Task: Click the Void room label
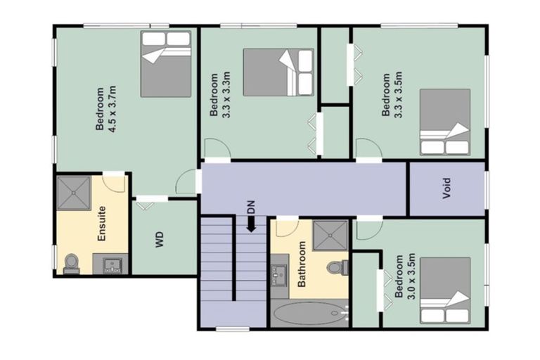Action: [x=446, y=189]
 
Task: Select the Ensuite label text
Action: [x=103, y=223]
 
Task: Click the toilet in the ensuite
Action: [x=71, y=263]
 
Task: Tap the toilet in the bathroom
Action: [x=336, y=267]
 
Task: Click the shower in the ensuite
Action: [x=74, y=191]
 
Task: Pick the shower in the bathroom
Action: [x=330, y=235]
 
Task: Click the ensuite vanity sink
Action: [x=110, y=264]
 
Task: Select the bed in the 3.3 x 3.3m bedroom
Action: [x=278, y=72]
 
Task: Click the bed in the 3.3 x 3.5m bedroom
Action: [x=444, y=122]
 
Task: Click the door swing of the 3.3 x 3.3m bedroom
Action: [x=216, y=149]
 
